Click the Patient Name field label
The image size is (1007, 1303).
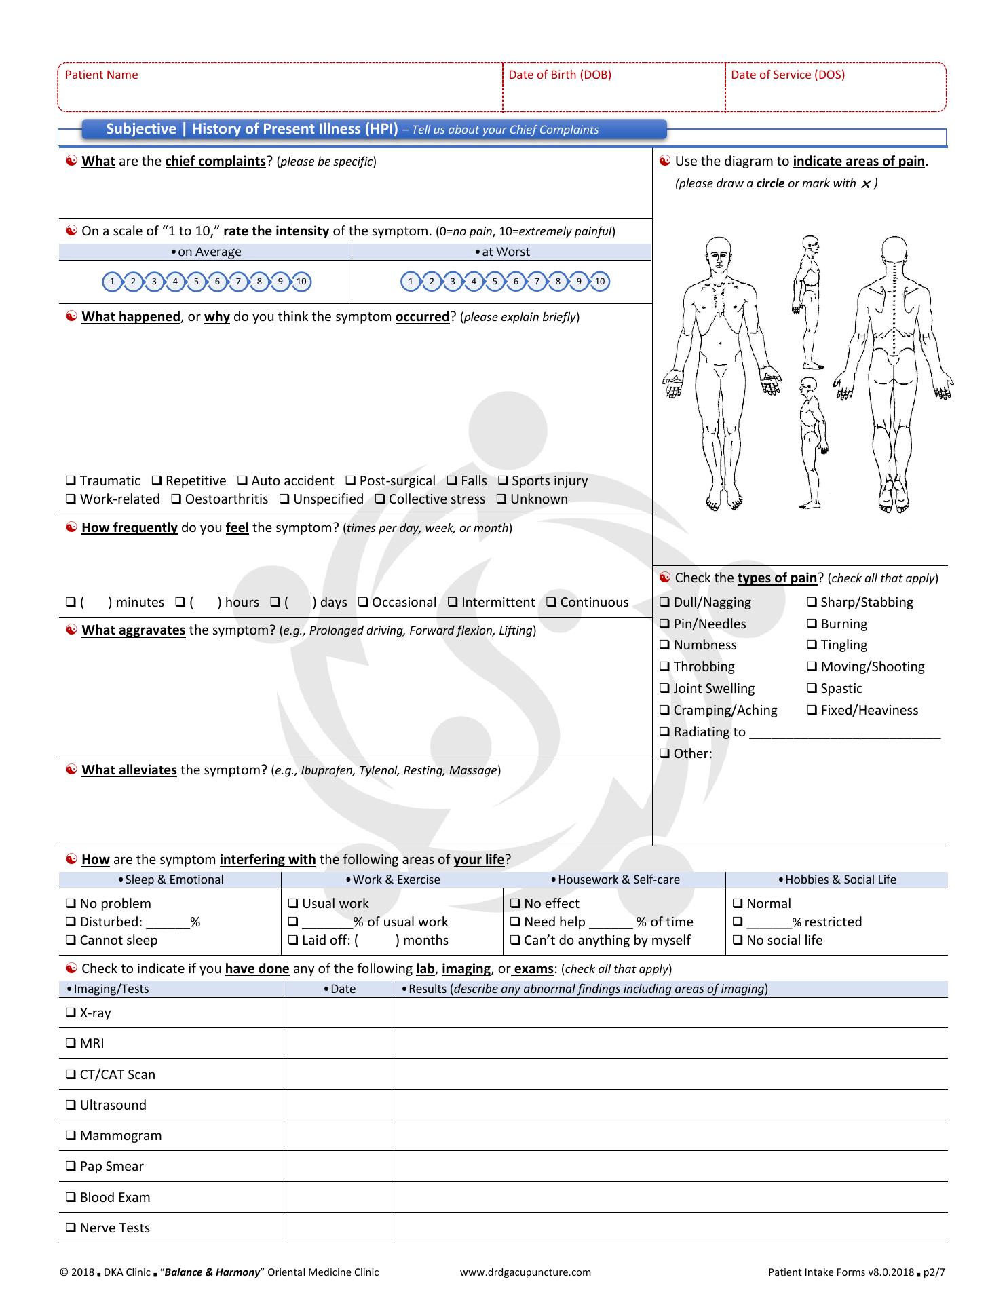[x=101, y=75]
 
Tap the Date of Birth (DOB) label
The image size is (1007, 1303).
[x=559, y=75]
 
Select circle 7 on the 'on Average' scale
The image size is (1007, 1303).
[x=238, y=282]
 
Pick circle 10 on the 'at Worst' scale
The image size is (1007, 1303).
[x=599, y=282]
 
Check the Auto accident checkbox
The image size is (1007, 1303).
[x=242, y=481]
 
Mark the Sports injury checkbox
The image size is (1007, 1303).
[x=503, y=481]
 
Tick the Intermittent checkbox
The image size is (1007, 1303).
[x=453, y=603]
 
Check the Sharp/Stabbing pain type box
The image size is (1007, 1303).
[x=812, y=603]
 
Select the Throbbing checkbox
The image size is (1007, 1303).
[x=664, y=667]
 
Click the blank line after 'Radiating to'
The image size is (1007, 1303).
[x=845, y=733]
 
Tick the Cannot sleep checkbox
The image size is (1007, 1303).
[x=71, y=941]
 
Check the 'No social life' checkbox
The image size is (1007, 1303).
[x=738, y=941]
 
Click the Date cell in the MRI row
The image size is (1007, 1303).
[x=339, y=1043]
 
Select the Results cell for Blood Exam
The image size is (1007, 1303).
[x=670, y=1197]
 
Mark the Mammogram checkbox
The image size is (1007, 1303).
[x=71, y=1136]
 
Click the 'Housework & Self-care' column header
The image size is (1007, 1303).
[x=615, y=880]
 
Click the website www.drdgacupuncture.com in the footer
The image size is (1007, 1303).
[x=525, y=1272]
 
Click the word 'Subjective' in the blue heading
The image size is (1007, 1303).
[x=141, y=129]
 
